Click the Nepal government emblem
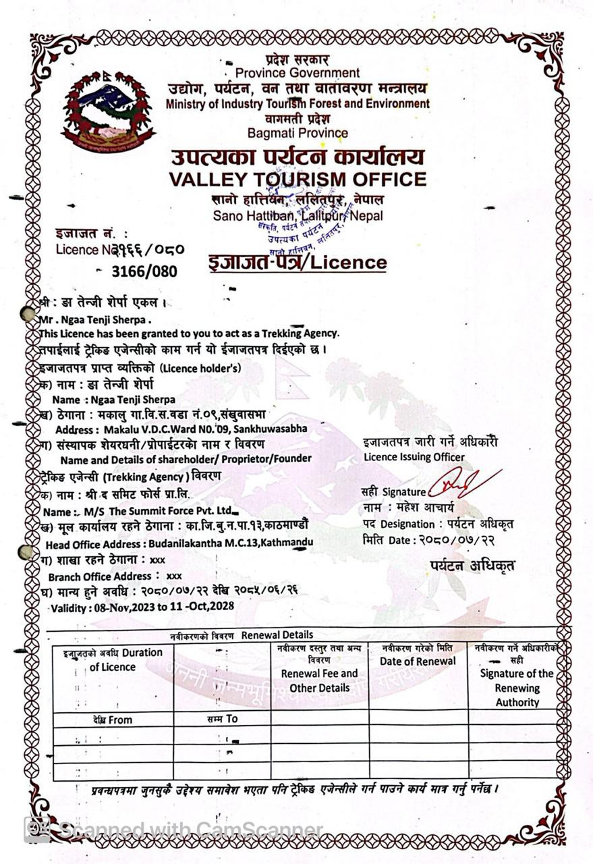108,111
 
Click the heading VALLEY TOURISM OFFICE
298,179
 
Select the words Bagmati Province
298,133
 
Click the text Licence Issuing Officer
414,457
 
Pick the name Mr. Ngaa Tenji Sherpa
95,319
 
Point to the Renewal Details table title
277,635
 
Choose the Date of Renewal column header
418,661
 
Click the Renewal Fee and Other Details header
319,680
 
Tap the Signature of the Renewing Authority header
517,687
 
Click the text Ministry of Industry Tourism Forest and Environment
298,103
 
